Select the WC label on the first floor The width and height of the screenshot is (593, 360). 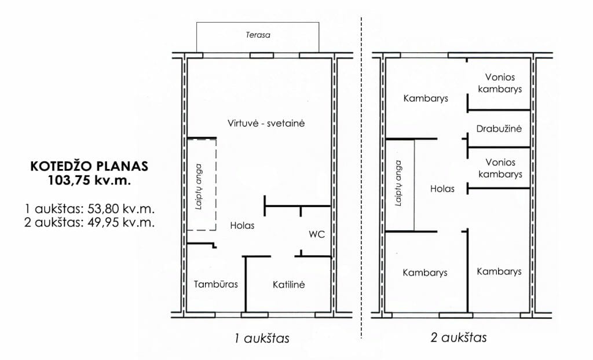pyautogui.click(x=316, y=235)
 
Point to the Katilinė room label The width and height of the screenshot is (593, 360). pyautogui.click(x=288, y=285)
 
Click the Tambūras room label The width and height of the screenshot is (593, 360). pyautogui.click(x=215, y=285)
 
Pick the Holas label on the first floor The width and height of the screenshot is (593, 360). pyautogui.click(x=242, y=225)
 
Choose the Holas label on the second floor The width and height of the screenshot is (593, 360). pyautogui.click(x=442, y=189)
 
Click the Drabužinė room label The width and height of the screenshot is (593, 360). pyautogui.click(x=499, y=128)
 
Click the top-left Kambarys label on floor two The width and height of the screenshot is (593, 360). pyautogui.click(x=426, y=98)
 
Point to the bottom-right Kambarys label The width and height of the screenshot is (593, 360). pyautogui.click(x=499, y=271)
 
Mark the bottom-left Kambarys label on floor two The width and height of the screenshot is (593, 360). pyautogui.click(x=425, y=273)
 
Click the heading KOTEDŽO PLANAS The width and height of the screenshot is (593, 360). pyautogui.click(x=89, y=167)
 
